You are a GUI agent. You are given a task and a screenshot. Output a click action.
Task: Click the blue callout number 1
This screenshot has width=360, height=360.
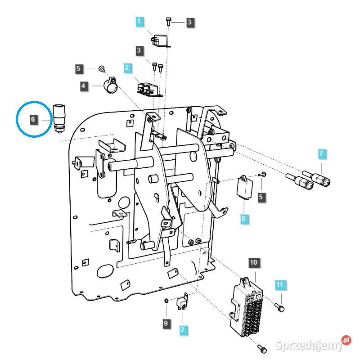point(139,21)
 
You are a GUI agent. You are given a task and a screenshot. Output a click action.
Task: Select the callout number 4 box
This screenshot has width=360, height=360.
point(84,85)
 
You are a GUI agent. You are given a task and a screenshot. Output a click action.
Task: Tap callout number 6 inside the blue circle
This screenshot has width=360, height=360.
point(33,119)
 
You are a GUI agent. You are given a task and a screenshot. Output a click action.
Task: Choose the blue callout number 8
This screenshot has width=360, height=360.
point(243,219)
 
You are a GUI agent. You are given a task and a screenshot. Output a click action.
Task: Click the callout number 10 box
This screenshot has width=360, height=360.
point(253,262)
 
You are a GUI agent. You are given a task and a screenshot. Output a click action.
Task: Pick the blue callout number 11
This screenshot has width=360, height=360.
point(279,284)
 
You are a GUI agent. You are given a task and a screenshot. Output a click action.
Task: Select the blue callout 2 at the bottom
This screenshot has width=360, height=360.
point(182,330)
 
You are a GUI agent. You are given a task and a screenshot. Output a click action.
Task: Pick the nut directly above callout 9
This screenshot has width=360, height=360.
point(166,300)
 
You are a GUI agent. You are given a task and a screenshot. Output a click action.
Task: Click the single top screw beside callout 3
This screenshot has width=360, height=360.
point(168,20)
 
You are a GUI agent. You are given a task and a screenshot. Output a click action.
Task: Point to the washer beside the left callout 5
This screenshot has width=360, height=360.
point(102,69)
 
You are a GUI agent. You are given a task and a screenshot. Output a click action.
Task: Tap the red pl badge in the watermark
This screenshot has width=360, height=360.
point(346,341)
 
